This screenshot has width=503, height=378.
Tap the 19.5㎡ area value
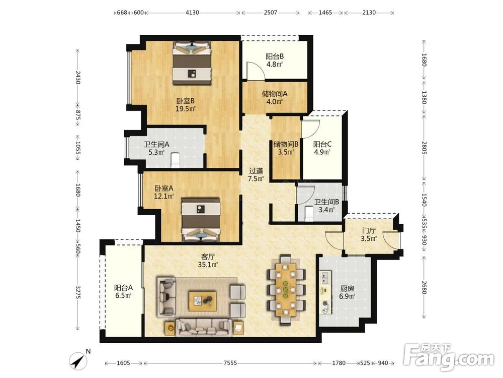click(x=186, y=109)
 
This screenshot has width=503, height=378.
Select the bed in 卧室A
click(x=201, y=219)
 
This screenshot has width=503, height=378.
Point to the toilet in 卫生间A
click(x=175, y=160)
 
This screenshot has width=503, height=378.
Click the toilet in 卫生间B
click(x=309, y=214)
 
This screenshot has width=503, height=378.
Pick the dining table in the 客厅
click(x=286, y=290)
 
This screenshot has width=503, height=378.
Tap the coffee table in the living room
click(x=202, y=301)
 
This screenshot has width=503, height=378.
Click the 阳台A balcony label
click(x=124, y=288)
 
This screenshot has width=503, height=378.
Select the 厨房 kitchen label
click(x=347, y=288)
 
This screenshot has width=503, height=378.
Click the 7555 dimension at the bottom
click(x=230, y=363)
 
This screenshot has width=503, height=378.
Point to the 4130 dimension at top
click(x=192, y=13)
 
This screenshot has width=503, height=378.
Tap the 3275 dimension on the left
click(x=77, y=292)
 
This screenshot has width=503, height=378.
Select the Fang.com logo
click(x=449, y=356)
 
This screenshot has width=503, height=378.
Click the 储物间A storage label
click(x=275, y=94)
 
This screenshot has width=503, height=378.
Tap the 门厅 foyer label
click(x=369, y=231)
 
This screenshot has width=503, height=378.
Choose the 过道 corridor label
click(x=256, y=171)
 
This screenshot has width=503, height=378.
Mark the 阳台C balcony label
click(x=322, y=144)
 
